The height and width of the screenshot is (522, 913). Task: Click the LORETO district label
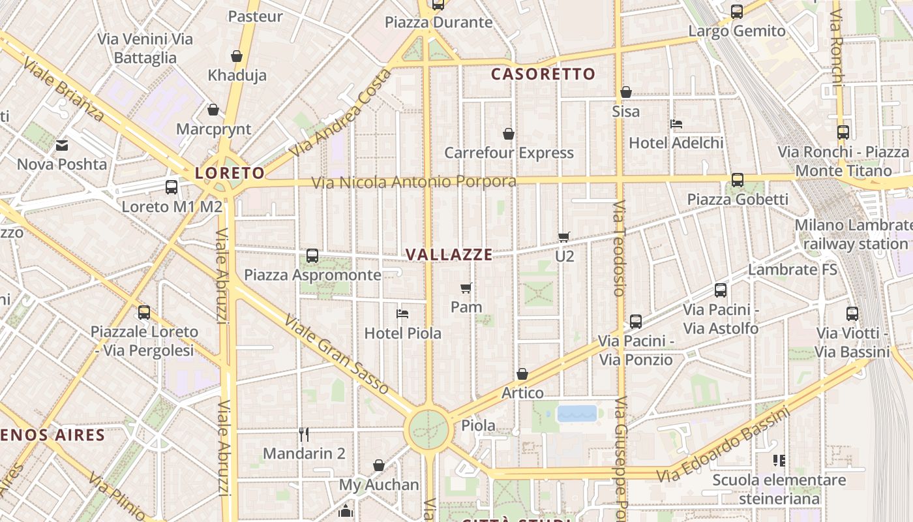[x=230, y=173]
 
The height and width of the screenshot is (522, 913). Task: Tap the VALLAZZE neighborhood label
[x=449, y=254]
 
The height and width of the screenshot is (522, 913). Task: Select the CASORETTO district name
[x=543, y=74]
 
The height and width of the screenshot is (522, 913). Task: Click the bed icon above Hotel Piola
[x=402, y=314]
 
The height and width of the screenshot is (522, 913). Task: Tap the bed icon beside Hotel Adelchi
[x=676, y=123]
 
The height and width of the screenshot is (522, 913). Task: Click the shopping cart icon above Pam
[x=466, y=288]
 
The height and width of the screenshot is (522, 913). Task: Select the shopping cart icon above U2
[x=564, y=237]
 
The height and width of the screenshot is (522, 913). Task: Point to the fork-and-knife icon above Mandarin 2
[x=303, y=434]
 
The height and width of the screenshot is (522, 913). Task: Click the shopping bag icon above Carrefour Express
[x=509, y=134]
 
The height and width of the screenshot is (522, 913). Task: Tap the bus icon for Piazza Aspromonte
[x=312, y=255]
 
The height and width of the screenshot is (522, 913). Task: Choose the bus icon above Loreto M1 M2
[x=172, y=187]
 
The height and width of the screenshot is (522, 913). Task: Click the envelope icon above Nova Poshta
[x=62, y=145]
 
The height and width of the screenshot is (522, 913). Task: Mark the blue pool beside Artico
[x=577, y=413]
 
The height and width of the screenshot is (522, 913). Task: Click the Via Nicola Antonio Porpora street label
[x=413, y=181]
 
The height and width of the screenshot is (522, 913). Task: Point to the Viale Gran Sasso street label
[x=337, y=355]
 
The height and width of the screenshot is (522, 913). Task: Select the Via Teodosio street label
[x=619, y=248]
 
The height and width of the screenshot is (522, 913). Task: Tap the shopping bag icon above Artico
[x=522, y=374]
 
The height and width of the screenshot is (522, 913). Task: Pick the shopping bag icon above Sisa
[x=626, y=92]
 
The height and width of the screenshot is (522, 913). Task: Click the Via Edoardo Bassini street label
[x=724, y=445]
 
